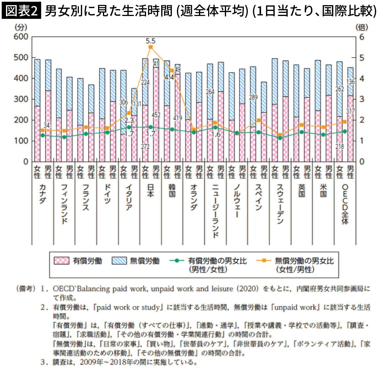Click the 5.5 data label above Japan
150,41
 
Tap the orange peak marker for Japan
151,47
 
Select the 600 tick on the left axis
21,37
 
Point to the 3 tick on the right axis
362,99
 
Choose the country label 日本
150,190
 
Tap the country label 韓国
172,190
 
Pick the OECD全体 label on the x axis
345,204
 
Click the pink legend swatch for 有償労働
61,261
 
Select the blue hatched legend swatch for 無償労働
119,261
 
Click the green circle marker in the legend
177,260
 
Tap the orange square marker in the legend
264,260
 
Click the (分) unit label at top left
21,27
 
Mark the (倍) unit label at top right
362,27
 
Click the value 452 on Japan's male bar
156,115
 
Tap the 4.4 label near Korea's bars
169,77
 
